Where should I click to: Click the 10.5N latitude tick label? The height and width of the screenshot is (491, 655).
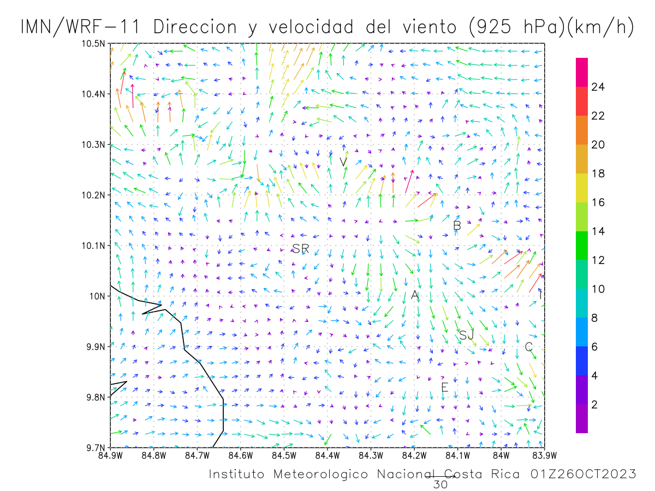point(93,44)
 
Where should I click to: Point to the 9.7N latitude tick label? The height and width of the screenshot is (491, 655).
point(96,448)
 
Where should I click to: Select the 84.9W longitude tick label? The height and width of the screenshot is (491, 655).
point(110,456)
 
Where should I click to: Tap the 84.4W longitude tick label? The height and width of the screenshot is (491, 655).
point(327,456)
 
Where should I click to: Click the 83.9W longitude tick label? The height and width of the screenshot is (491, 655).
point(545,456)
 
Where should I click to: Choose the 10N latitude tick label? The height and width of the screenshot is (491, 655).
point(97,297)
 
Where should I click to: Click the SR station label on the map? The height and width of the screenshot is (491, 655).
point(301,249)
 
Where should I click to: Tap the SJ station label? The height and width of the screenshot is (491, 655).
point(466,336)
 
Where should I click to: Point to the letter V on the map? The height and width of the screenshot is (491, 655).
point(343,162)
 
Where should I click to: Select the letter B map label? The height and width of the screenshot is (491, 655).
point(457,226)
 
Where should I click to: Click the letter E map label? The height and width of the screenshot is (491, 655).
point(445,387)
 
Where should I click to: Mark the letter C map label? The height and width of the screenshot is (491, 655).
point(528,346)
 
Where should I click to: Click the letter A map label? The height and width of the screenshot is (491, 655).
point(415,295)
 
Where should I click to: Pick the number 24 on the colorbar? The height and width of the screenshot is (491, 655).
point(598,87)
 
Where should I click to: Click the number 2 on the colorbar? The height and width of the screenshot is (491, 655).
point(594,405)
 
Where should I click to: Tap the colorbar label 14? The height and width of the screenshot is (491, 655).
point(598,231)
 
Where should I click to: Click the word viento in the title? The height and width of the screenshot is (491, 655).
point(430,27)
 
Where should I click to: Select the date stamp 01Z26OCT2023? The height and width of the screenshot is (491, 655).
point(583,474)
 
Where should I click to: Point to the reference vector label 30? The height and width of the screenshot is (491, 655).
point(440,485)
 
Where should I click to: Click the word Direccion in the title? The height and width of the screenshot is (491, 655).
point(195,27)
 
